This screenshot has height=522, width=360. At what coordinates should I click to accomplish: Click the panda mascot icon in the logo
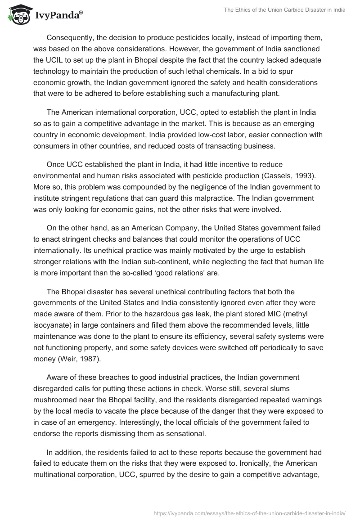point(18,14)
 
